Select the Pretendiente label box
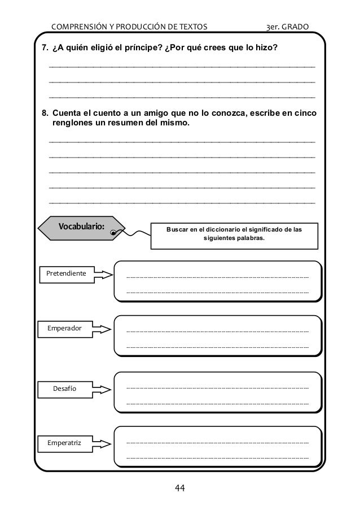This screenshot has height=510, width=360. click(x=66, y=274)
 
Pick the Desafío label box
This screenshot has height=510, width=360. click(x=64, y=389)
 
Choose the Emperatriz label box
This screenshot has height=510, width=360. click(x=64, y=443)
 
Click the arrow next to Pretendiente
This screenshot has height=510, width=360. click(x=103, y=274)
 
